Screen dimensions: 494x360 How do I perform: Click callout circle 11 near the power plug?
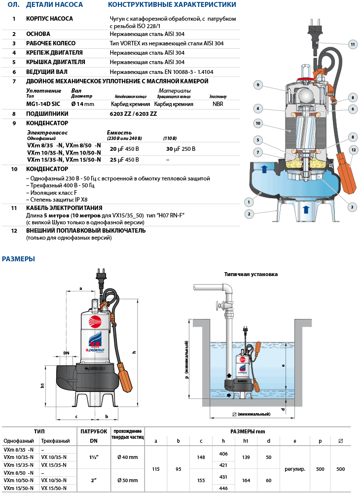[x=352, y=44]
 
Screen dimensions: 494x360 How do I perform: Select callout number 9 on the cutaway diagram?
[x=257, y=85]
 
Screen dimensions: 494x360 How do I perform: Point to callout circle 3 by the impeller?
[x=352, y=207]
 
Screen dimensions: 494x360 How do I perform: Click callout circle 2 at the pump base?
[x=250, y=214]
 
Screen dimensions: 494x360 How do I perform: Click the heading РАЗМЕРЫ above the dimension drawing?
[x=18, y=259]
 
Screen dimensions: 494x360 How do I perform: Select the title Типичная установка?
[x=251, y=274]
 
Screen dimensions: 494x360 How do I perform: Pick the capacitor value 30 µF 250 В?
[x=180, y=148]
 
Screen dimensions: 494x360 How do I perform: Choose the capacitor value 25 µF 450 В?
[x=124, y=160]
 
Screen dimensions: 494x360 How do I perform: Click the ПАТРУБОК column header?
[x=94, y=431]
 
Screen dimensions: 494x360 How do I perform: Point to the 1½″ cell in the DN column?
[x=94, y=457]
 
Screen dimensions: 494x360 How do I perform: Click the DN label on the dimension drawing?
[x=66, y=353]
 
